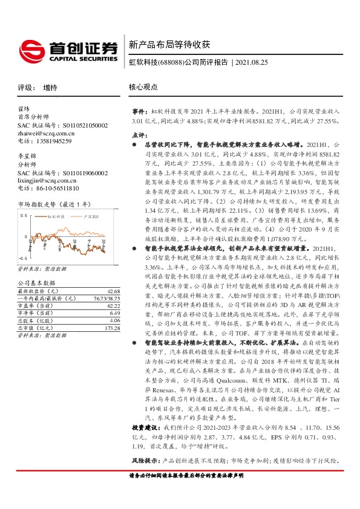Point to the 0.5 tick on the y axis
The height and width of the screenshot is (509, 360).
[x=24, y=215]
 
